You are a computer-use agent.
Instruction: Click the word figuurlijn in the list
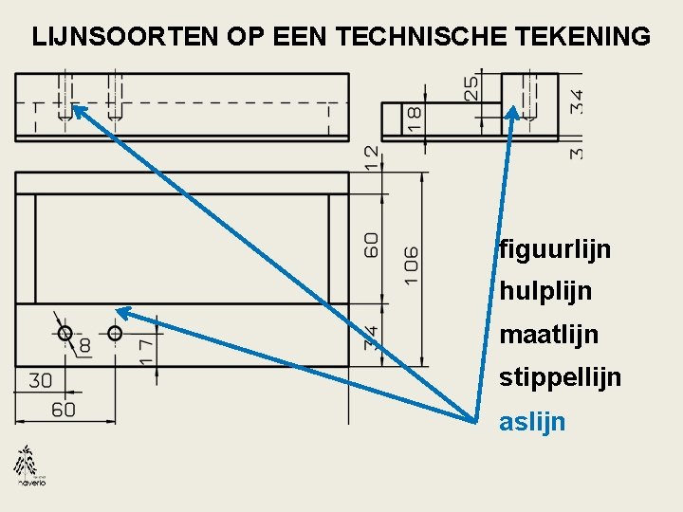point(555,250)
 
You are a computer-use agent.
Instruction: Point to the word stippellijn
point(561,378)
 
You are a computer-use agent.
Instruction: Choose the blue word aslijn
point(532,422)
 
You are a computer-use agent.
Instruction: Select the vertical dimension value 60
point(372,245)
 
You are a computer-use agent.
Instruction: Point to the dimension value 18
point(415,119)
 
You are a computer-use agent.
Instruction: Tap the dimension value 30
point(41,381)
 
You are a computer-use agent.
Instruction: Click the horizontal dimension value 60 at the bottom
point(63,410)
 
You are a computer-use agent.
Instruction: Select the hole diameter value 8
point(84,346)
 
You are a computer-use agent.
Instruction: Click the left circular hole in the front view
point(65,333)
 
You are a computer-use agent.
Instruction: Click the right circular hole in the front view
point(115,333)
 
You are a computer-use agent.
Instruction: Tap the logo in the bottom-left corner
point(29,466)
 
